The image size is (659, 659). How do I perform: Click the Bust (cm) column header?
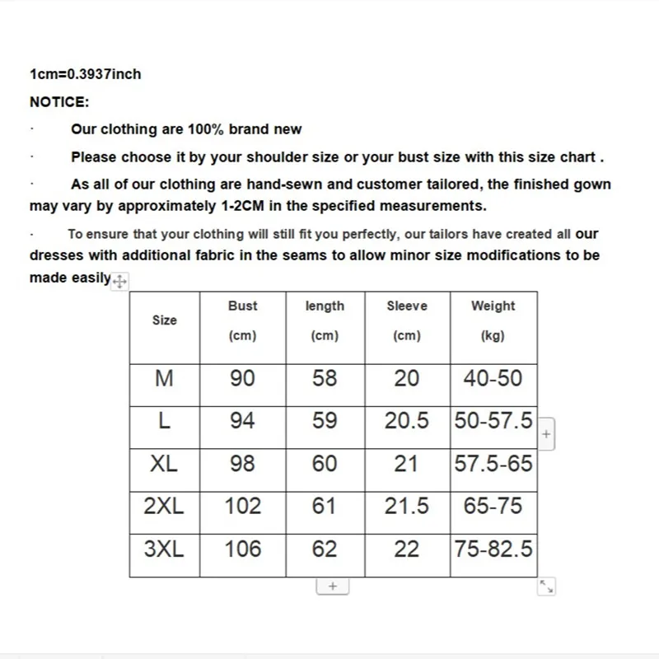[x=242, y=320]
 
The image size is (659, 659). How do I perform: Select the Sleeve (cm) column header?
[x=407, y=320]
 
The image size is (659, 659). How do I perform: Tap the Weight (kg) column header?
[x=493, y=320]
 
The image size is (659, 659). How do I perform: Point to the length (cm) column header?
[x=325, y=320]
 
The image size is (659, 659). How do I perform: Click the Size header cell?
[x=165, y=320]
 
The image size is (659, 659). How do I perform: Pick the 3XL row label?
[x=165, y=549]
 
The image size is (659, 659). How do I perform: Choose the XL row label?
[x=165, y=464]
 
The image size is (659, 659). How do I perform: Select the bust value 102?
[x=242, y=506]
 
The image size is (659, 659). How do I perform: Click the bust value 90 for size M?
[x=242, y=378]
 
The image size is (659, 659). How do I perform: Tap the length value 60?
[x=325, y=464]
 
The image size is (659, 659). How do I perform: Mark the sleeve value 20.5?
[x=407, y=421]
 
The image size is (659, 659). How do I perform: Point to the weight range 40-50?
[x=493, y=378]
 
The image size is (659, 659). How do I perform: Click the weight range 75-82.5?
[x=493, y=549]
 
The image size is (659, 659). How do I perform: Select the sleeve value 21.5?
[x=407, y=506]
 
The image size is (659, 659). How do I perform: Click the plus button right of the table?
[x=546, y=433]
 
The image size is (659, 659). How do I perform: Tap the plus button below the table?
[x=333, y=586]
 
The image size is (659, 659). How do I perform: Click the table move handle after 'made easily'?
[x=119, y=282]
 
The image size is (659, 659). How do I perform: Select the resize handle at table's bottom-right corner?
[x=547, y=587]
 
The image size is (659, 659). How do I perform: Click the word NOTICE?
[x=59, y=101]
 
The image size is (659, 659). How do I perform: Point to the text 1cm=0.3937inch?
[x=86, y=74]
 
